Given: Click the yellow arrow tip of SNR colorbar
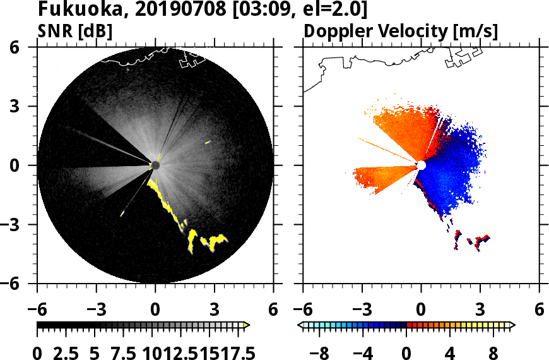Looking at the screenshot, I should pos(247,325).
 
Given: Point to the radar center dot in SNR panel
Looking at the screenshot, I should pos(155,165).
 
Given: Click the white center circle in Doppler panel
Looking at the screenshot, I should pos(421,165).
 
